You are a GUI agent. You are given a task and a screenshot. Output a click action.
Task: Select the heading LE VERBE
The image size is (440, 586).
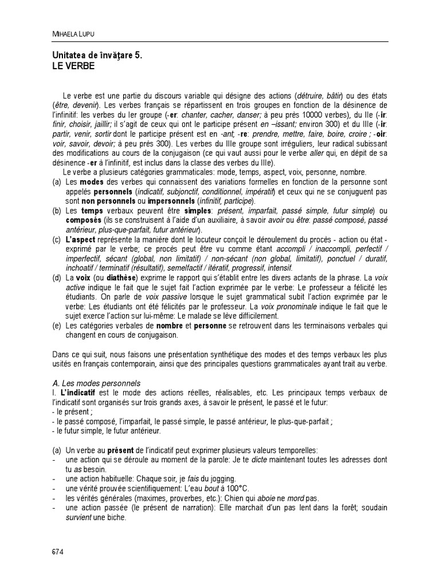coord(73,66)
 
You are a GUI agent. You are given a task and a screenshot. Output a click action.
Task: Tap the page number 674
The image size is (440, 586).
coord(57,552)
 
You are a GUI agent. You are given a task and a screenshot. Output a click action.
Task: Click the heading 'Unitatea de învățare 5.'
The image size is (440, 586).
coord(97,56)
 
